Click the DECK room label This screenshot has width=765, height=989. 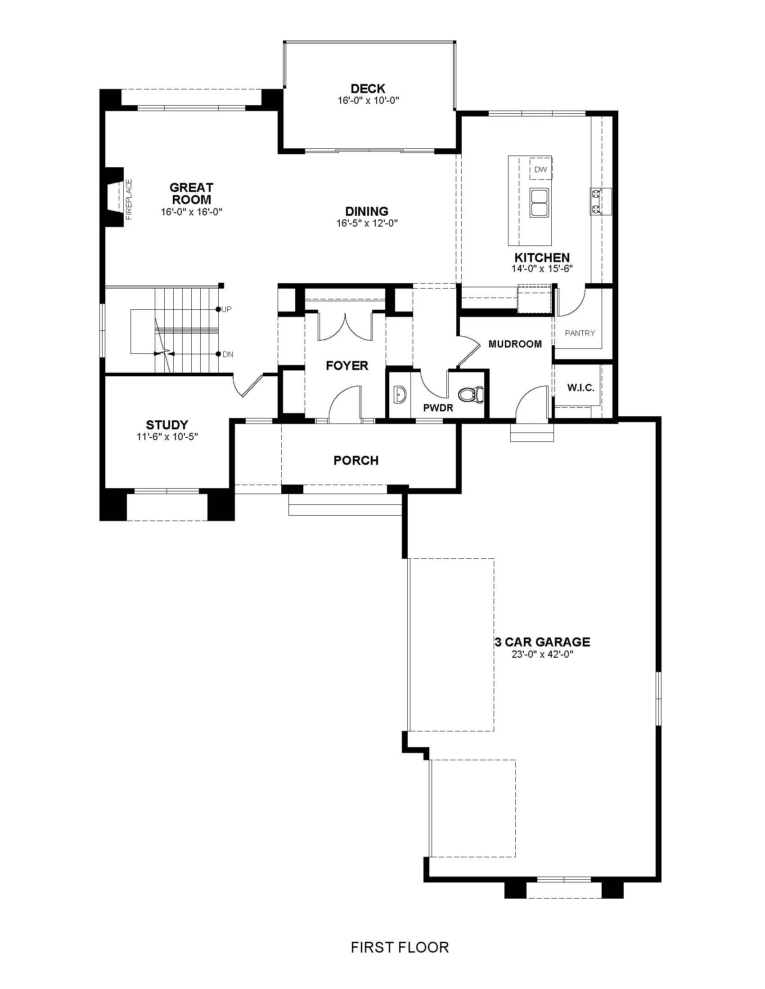coord(368,89)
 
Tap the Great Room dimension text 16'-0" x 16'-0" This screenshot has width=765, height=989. coord(192,212)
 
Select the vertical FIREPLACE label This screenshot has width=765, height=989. coord(129,200)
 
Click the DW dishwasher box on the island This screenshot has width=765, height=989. coord(540,169)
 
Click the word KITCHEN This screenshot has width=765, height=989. coord(542,258)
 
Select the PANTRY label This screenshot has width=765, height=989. coord(580,333)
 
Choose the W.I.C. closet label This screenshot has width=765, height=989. coord(580,388)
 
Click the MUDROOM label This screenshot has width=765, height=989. coord(515,344)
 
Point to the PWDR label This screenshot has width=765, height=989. coord(438,408)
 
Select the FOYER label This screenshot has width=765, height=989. coord(347,365)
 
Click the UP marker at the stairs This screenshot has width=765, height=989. coord(225,309)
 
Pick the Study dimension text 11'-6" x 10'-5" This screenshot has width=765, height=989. coord(168,437)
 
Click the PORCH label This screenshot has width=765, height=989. coord(356,460)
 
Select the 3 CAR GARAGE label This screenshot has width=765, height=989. coord(543,642)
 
